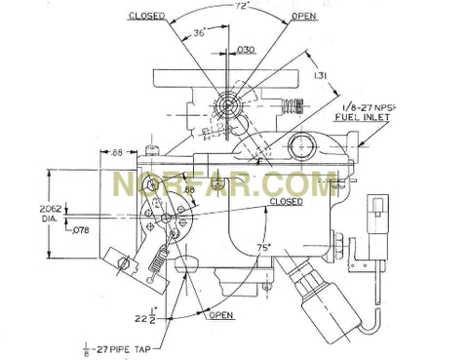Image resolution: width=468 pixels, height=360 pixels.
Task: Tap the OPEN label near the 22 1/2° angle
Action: coord(220,315)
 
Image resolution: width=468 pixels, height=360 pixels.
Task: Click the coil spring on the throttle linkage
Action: coord(157,256)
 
